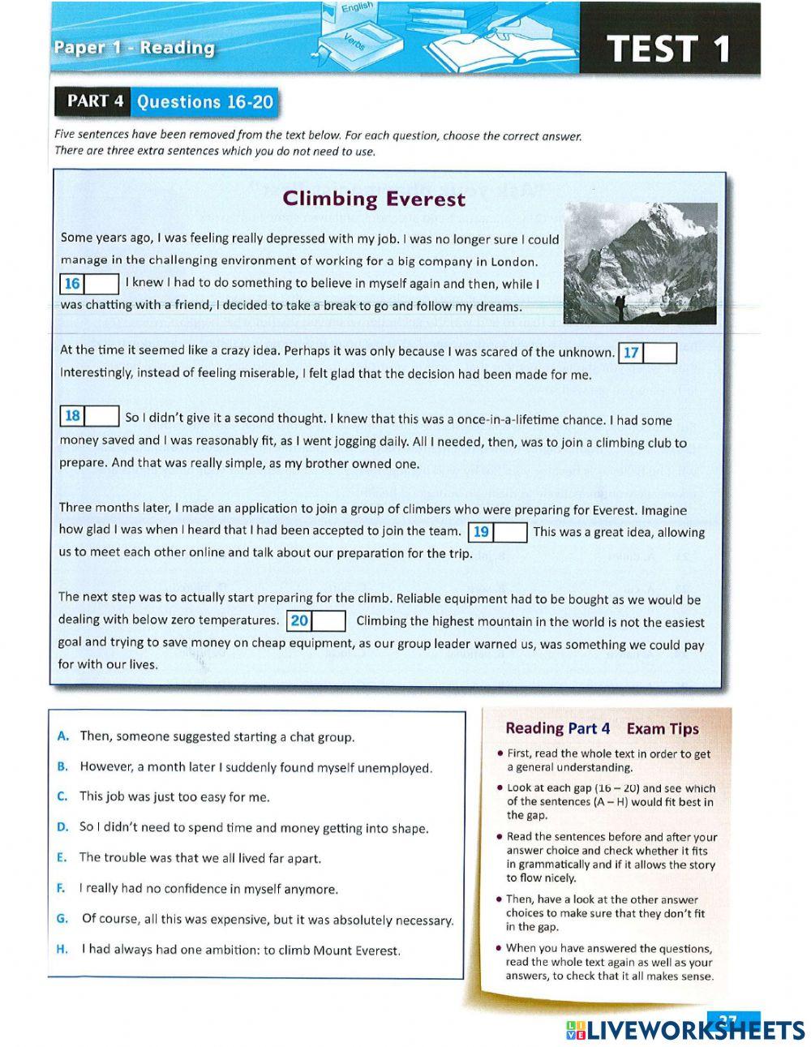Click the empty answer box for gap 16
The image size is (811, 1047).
[x=102, y=284]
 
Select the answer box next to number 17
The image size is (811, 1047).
[x=660, y=354]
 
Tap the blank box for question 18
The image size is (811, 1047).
[x=102, y=417]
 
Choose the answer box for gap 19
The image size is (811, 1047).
[x=511, y=532]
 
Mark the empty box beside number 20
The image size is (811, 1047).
[x=329, y=621]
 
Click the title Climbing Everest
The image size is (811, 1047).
[x=374, y=199]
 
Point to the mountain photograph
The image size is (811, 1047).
[x=640, y=264]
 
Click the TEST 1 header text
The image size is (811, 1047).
[x=670, y=48]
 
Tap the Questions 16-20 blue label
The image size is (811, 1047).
[x=204, y=102]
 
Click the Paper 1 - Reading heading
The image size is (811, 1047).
[x=135, y=47]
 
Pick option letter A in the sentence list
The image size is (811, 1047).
[x=62, y=736]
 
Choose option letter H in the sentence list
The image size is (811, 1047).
[x=62, y=950]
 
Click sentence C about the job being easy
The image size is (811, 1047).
[x=174, y=796]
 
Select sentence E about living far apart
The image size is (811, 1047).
[x=200, y=858]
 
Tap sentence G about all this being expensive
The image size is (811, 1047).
[x=267, y=920]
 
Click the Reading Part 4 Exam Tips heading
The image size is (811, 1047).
[x=602, y=728]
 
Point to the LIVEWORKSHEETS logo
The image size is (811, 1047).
[x=685, y=1030]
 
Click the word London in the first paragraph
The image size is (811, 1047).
[x=514, y=261]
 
